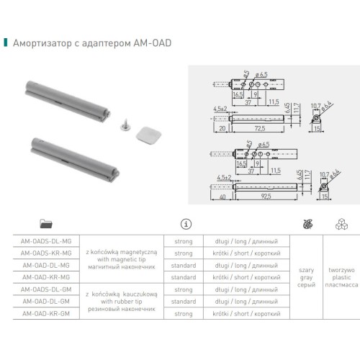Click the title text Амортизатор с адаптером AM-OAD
coord(92,42)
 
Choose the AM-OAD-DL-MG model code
coord(47,264)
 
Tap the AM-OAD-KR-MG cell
coord(47,276)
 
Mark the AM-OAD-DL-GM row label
coord(47,301)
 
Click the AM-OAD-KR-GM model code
coord(47,313)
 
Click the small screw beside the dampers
coord(105,127)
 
